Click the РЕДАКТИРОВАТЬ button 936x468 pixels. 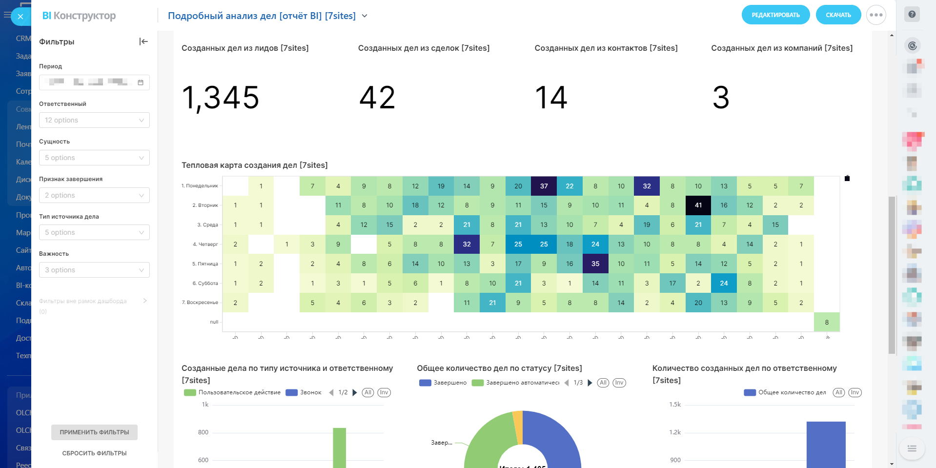pyautogui.click(x=775, y=15)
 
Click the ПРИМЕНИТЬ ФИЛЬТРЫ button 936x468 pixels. pyautogui.click(x=94, y=432)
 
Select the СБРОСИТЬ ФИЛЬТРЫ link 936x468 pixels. pyautogui.click(x=94, y=453)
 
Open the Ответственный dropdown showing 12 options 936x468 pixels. pyautogui.click(x=94, y=120)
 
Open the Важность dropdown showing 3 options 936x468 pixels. pyautogui.click(x=94, y=270)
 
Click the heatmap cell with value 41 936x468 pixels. pyautogui.click(x=698, y=205)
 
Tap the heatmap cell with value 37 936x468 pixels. pyautogui.click(x=544, y=186)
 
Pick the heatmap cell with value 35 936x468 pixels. pyautogui.click(x=595, y=264)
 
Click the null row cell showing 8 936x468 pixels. pyautogui.click(x=826, y=322)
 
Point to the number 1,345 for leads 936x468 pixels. pyautogui.click(x=220, y=98)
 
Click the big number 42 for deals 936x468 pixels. pyautogui.click(x=377, y=98)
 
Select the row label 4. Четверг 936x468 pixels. pyautogui.click(x=205, y=244)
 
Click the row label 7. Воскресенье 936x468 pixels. pyautogui.click(x=200, y=303)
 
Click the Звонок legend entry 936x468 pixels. pyautogui.click(x=304, y=392)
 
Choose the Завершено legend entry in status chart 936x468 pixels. pyautogui.click(x=443, y=383)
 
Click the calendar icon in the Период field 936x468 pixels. pyautogui.click(x=141, y=82)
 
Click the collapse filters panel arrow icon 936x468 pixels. pyautogui.click(x=143, y=41)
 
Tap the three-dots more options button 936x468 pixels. pyautogui.click(x=876, y=15)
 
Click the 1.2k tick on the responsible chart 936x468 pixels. pyautogui.click(x=675, y=432)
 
